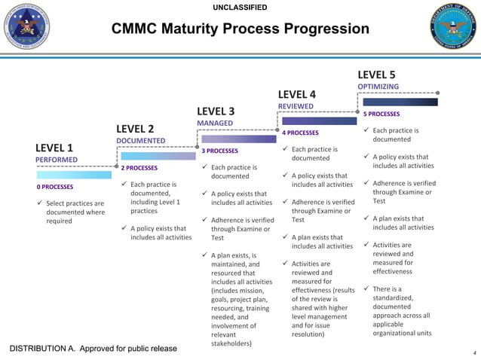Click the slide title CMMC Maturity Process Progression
point(240,29)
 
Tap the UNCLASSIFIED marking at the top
point(240,8)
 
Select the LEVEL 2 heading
point(135,128)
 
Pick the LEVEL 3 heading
point(216,111)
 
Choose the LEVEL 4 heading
point(297,94)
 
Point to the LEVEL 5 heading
point(376,75)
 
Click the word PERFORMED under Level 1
point(56,160)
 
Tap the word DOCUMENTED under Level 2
point(140,141)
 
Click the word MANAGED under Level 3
point(216,123)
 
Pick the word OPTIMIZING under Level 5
point(378,87)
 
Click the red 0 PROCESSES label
point(55,187)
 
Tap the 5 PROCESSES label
point(381,114)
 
